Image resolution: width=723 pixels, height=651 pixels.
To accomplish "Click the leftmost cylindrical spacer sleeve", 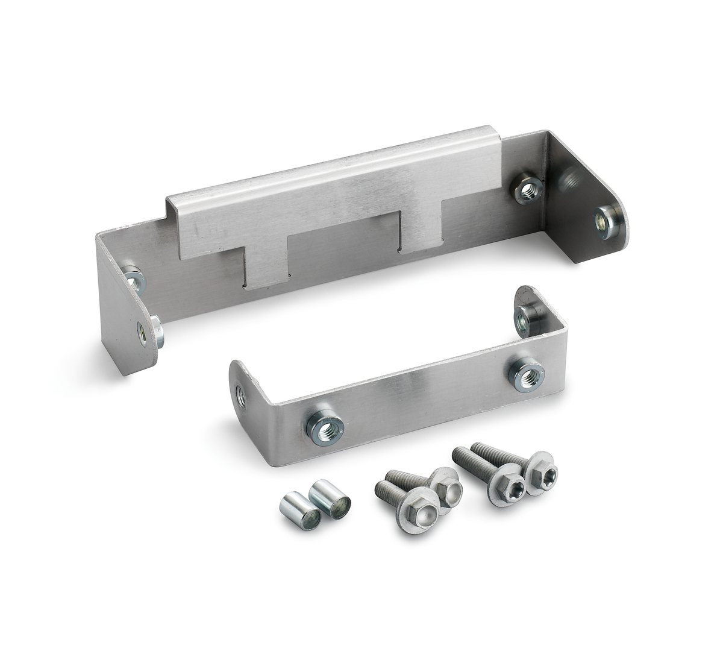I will click(299, 511).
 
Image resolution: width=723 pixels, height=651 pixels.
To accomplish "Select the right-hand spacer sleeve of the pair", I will click(330, 498).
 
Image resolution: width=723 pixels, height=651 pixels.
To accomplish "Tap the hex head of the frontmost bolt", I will click(418, 514).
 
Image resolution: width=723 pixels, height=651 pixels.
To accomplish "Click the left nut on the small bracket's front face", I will click(324, 427).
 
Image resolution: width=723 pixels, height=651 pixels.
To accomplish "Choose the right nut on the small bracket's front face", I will click(526, 374).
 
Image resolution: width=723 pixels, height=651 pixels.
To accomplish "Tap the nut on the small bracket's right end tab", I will click(524, 321).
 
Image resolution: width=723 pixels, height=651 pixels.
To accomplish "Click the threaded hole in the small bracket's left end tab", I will click(240, 397).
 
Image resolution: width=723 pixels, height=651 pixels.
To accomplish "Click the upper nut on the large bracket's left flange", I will click(134, 280).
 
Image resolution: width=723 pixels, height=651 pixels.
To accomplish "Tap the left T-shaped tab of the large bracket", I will click(268, 265).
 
